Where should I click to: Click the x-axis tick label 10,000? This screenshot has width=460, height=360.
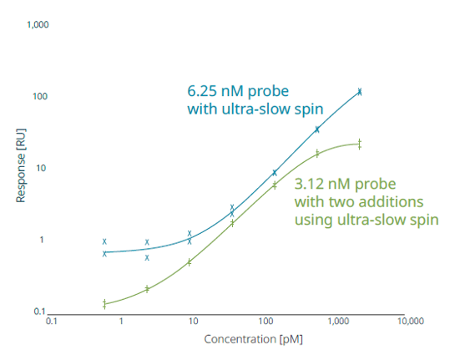[410, 321]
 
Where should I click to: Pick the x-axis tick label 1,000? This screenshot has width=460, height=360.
[339, 321]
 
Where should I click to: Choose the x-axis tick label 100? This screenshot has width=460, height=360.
[266, 321]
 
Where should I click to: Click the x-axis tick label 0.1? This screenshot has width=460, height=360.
[51, 321]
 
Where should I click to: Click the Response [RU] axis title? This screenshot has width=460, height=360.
[19, 170]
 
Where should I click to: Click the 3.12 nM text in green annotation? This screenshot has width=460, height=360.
[320, 184]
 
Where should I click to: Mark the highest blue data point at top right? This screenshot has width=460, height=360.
[360, 91]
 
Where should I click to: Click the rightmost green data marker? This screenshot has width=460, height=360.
[360, 144]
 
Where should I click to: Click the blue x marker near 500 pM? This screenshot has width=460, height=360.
[317, 129]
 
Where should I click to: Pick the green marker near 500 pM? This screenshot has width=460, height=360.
[317, 154]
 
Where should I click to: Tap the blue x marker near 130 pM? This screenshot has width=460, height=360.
[275, 173]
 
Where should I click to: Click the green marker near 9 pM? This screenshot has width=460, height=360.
[190, 261]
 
